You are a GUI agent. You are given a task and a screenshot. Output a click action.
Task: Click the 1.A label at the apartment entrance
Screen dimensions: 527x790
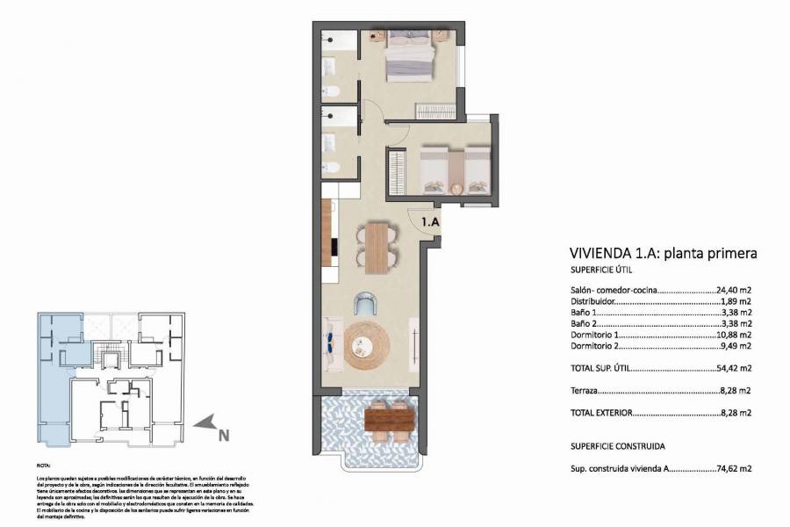[430, 223]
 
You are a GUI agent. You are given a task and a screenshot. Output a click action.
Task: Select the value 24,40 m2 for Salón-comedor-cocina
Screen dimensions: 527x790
[736, 289]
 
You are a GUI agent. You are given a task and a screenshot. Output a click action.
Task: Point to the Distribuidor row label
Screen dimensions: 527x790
[594, 300]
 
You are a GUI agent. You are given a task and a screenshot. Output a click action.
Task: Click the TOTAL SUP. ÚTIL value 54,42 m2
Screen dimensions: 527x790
[736, 369]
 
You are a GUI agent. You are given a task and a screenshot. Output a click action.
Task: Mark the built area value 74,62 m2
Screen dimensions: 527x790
[736, 470]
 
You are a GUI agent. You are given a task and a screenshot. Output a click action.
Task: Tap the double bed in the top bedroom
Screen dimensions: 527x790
[410, 55]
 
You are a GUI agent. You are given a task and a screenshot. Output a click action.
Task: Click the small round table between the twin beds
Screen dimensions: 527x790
[456, 187]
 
